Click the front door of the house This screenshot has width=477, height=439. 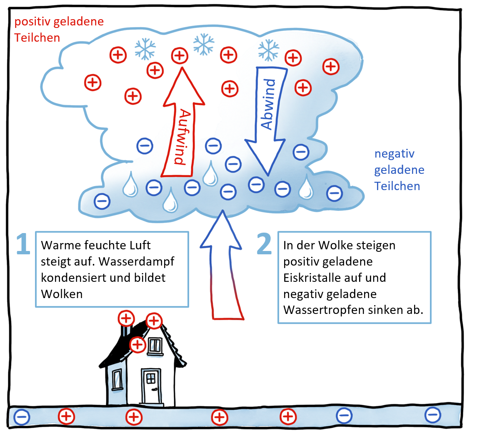pos(151,386)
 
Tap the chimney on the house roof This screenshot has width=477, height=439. pos(125,332)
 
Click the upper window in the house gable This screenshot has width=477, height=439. pos(155,345)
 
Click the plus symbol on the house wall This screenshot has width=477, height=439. pos(138,345)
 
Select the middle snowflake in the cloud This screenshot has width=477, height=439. pos(204,45)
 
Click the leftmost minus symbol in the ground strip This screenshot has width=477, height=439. pos(22,416)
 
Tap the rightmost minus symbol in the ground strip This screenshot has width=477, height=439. pos(432,414)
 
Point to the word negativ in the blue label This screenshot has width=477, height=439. pos(395,153)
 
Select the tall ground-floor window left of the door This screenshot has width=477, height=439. pos(117,379)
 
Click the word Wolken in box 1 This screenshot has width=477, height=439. pos(62,294)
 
